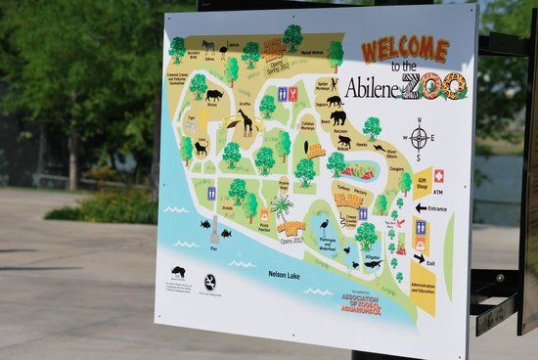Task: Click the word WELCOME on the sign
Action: tap(405, 49)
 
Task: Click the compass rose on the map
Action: tap(419, 139)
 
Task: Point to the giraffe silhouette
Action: tap(245, 122)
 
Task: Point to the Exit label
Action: tap(431, 261)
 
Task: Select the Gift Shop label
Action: tap(423, 182)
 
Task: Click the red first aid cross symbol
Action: tap(439, 176)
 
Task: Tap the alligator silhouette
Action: tap(373, 263)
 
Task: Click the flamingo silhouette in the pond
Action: tap(325, 226)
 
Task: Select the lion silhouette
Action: tap(200, 148)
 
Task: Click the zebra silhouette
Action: tap(208, 46)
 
